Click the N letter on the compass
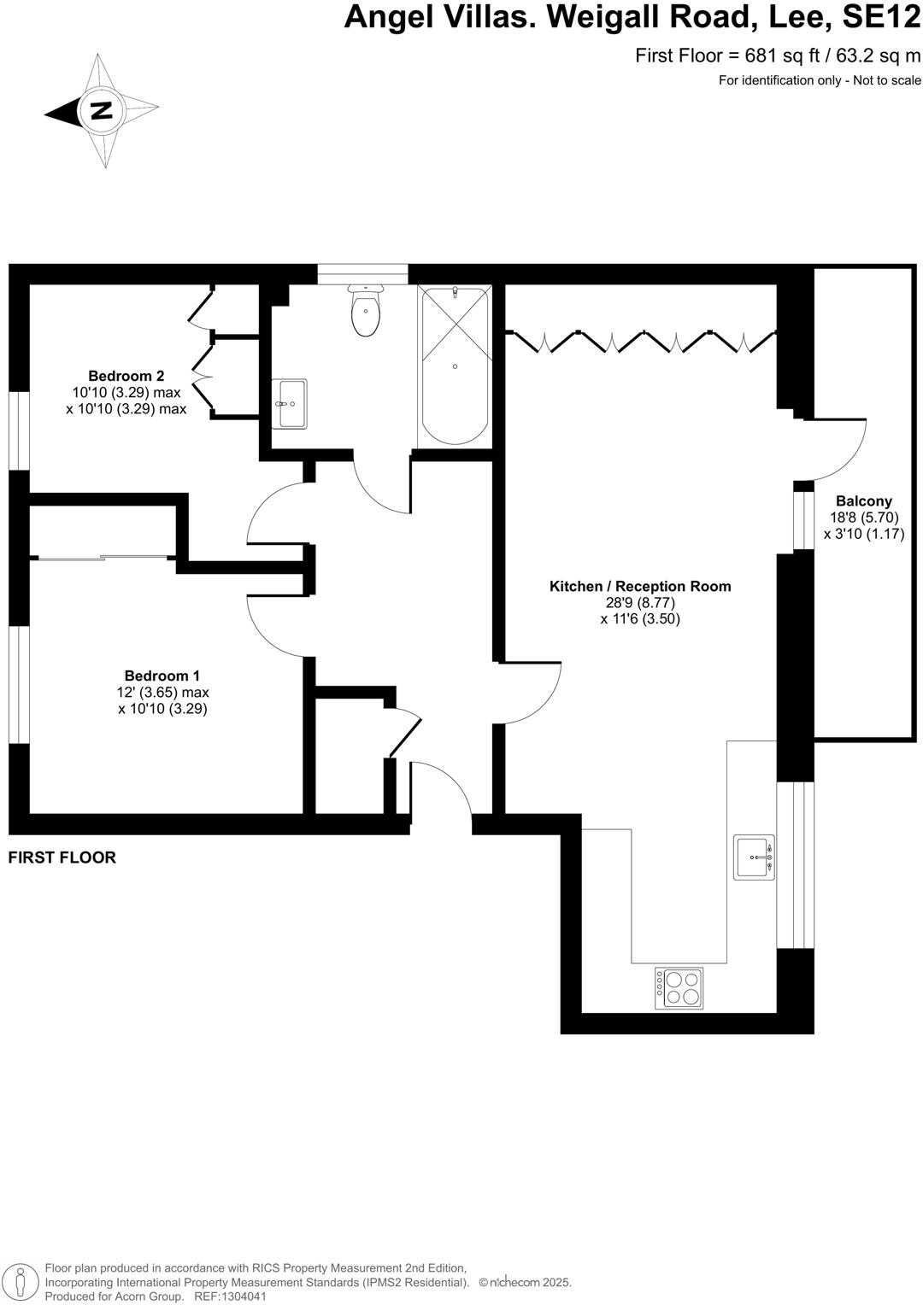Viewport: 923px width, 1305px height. [102, 111]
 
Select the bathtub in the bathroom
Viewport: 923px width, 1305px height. [455, 366]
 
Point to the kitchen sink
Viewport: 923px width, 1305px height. [754, 857]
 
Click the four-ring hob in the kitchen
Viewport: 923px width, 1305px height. [679, 988]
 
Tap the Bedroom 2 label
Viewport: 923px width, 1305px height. [126, 376]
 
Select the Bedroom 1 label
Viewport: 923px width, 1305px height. [162, 676]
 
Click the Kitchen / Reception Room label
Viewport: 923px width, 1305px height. [639, 586]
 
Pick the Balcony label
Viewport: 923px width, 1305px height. [863, 501]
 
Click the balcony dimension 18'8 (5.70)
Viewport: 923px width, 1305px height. [863, 518]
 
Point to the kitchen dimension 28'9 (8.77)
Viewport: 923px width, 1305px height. [639, 603]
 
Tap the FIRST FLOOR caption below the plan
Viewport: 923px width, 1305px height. [62, 857]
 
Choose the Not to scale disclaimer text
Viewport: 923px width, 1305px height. [884, 81]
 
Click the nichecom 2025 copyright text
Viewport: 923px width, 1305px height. [525, 1283]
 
